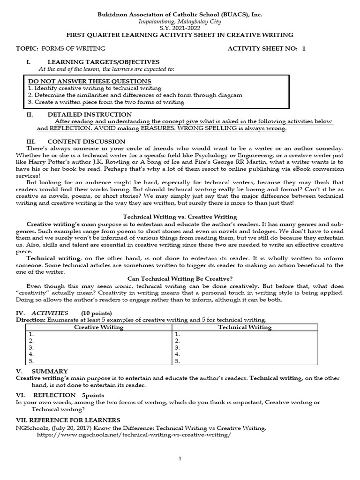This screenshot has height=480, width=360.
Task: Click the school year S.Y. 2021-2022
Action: click(x=180, y=28)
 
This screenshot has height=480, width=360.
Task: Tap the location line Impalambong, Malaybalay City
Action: click(x=180, y=22)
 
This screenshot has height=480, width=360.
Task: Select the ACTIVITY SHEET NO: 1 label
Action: click(x=266, y=48)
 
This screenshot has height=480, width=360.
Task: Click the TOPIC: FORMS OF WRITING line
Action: click(x=60, y=48)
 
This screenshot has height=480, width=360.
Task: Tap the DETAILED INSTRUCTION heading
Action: click(x=90, y=114)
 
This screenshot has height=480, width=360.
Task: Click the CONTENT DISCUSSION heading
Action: click(x=86, y=141)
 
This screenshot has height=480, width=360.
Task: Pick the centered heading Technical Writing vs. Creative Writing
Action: click(x=180, y=217)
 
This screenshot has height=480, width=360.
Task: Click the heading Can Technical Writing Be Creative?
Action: click(x=180, y=278)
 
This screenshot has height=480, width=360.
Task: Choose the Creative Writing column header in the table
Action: click(x=99, y=327)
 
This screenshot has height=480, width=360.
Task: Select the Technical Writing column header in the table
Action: click(x=245, y=327)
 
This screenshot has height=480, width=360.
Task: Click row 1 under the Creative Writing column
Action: click(x=99, y=334)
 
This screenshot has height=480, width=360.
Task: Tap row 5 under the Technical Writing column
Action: click(x=245, y=361)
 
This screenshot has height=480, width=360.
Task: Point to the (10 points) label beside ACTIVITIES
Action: click(x=97, y=313)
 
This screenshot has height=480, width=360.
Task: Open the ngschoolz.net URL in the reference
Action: click(x=134, y=435)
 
